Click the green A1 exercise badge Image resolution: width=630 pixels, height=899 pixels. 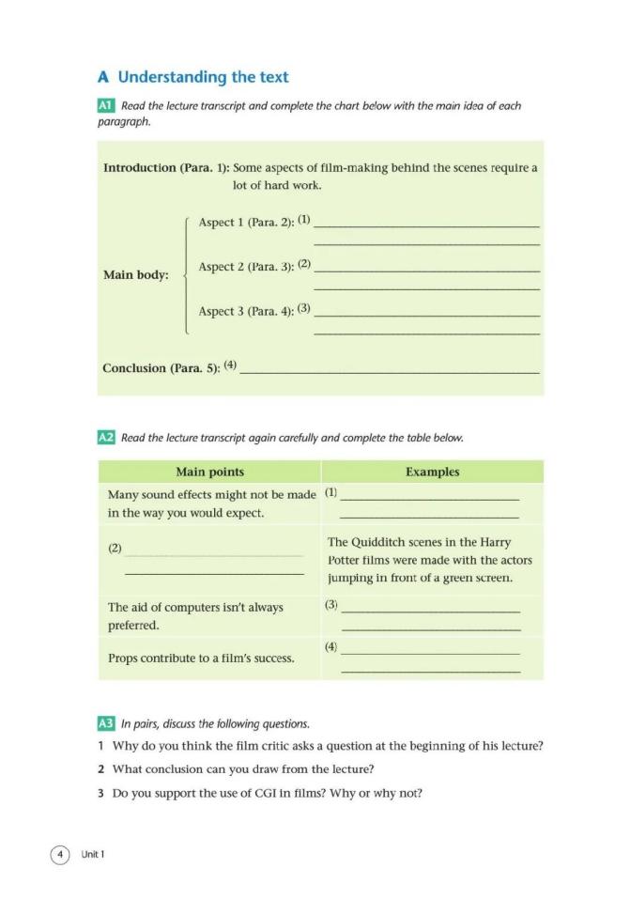click(x=106, y=106)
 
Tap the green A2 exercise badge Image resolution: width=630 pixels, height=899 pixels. click(x=106, y=438)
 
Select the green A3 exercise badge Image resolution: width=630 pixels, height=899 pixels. click(x=106, y=724)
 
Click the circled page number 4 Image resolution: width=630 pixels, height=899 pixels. click(x=60, y=854)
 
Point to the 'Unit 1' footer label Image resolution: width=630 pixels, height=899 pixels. click(x=93, y=854)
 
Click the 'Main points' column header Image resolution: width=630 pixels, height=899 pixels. click(x=209, y=472)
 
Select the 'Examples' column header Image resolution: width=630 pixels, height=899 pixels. click(x=432, y=472)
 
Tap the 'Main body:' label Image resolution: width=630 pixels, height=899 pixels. click(x=135, y=275)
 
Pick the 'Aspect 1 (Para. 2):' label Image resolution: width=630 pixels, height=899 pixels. click(x=246, y=223)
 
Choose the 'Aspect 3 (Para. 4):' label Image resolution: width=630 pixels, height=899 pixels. click(x=246, y=311)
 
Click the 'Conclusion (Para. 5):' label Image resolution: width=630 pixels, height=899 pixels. click(x=161, y=368)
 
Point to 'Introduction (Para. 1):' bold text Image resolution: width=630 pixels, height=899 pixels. click(x=165, y=168)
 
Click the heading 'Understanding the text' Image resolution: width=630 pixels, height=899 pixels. click(x=203, y=77)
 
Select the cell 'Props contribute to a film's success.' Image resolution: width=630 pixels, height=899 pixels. click(x=201, y=659)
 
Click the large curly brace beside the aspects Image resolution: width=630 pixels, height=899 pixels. click(x=188, y=274)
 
